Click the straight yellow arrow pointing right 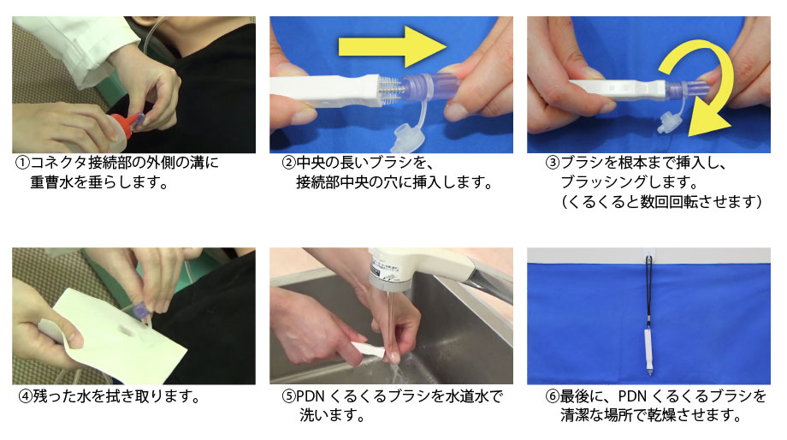tap(393, 47)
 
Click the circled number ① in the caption tap(22, 163)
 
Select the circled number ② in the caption tap(288, 163)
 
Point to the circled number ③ tap(552, 163)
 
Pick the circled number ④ tap(26, 396)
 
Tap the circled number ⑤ tap(288, 396)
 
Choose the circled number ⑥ tap(552, 396)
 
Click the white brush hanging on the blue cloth tap(648, 353)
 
